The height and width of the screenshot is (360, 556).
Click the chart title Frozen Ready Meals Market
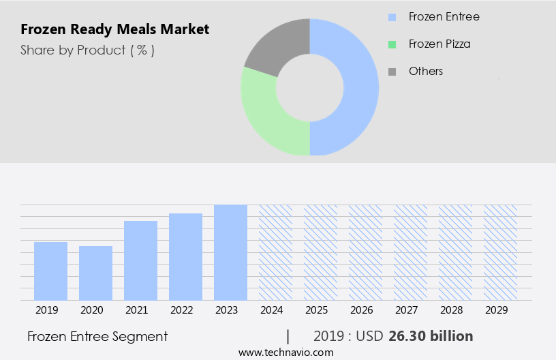(x=115, y=29)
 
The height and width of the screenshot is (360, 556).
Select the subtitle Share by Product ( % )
(x=87, y=50)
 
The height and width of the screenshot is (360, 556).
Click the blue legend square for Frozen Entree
(x=392, y=17)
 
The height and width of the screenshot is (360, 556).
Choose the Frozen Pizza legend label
(x=439, y=44)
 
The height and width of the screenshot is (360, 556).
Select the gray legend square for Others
(x=392, y=72)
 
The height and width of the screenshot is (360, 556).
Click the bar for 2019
(x=50, y=271)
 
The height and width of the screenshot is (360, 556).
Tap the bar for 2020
(x=95, y=273)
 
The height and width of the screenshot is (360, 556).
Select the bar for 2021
(x=140, y=260)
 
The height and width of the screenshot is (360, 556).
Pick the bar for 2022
(x=185, y=256)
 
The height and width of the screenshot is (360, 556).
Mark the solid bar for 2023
(x=230, y=252)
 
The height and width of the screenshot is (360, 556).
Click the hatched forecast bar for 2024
(x=275, y=252)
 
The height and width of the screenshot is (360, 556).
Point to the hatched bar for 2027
(x=410, y=252)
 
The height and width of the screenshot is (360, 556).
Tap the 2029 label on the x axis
(x=500, y=310)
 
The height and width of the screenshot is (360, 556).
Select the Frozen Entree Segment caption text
(x=97, y=336)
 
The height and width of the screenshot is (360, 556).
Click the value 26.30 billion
(x=431, y=336)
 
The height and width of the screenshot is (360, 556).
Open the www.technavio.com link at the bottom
(x=285, y=352)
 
